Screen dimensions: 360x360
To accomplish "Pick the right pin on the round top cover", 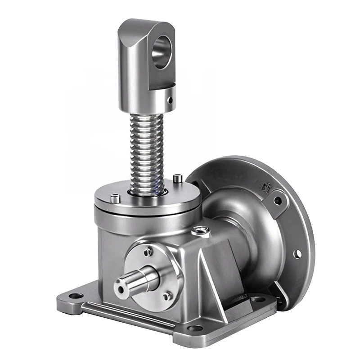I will pos(179,179).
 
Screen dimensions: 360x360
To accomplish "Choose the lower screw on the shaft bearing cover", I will pos(167,295).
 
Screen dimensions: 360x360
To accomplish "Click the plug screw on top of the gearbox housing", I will pos(200,231).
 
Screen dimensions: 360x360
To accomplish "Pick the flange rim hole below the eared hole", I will pos(297,254).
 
